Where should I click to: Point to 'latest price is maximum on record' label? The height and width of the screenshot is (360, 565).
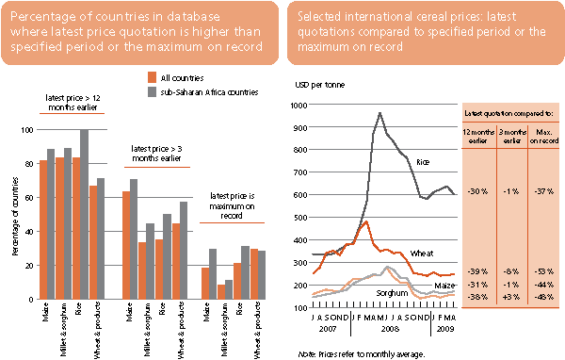230,200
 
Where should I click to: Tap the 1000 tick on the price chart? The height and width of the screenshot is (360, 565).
300,105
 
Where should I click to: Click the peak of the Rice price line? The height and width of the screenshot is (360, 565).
379,113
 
